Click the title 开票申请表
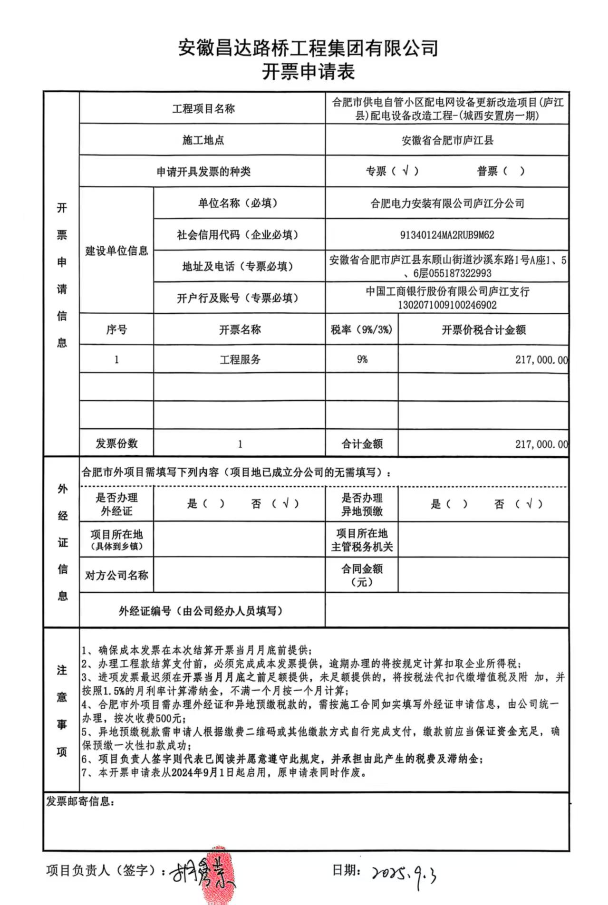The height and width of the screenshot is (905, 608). coord(308,73)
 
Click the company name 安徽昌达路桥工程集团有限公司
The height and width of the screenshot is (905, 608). coord(308,48)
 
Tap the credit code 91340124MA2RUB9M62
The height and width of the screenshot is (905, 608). coord(447,235)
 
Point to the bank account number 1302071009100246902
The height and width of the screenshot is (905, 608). coord(447,305)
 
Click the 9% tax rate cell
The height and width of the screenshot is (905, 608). coord(362,359)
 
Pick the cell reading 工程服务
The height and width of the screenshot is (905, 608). coord(240,359)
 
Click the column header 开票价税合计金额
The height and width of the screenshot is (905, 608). coord(483,330)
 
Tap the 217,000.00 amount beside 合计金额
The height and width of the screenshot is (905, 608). coord(541,444)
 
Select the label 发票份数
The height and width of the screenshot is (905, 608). coord(116,444)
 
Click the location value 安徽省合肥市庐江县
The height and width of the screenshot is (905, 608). coord(447,140)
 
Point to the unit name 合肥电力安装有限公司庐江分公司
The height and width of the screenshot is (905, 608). coord(447,203)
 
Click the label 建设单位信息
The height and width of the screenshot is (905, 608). coord(116,251)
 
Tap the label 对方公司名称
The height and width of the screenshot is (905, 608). coord(116,576)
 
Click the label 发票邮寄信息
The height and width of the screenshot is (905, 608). coord(79,802)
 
